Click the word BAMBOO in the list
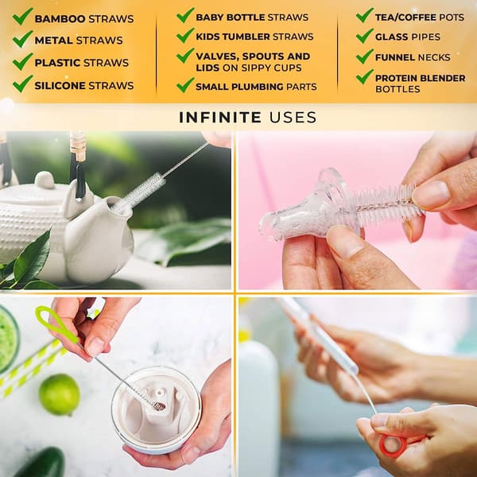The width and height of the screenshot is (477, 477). point(60,19)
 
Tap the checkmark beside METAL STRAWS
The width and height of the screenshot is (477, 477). point(22,39)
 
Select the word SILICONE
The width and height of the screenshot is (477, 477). point(60,86)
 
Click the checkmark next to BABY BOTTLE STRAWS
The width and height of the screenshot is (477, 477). point(185,15)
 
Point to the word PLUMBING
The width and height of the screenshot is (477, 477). point(258,87)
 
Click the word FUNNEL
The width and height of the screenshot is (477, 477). point(395,57)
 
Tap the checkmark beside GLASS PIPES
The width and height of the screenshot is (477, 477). point(365,36)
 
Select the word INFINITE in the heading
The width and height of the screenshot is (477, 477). point(220,118)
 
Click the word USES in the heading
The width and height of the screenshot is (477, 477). point(293,118)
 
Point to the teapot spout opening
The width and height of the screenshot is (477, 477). point(119,206)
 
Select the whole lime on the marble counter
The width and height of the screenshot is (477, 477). point(60,394)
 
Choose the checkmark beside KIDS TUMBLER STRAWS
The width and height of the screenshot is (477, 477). point(185,35)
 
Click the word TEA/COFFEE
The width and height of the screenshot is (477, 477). point(405,17)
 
